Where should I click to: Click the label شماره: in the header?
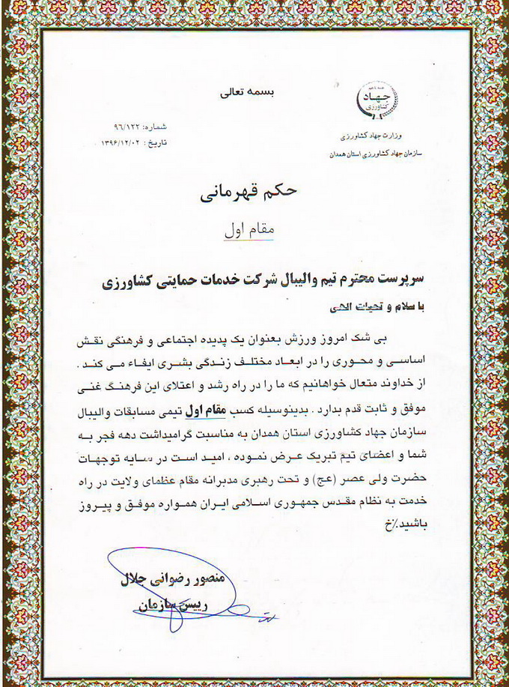point(160,128)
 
